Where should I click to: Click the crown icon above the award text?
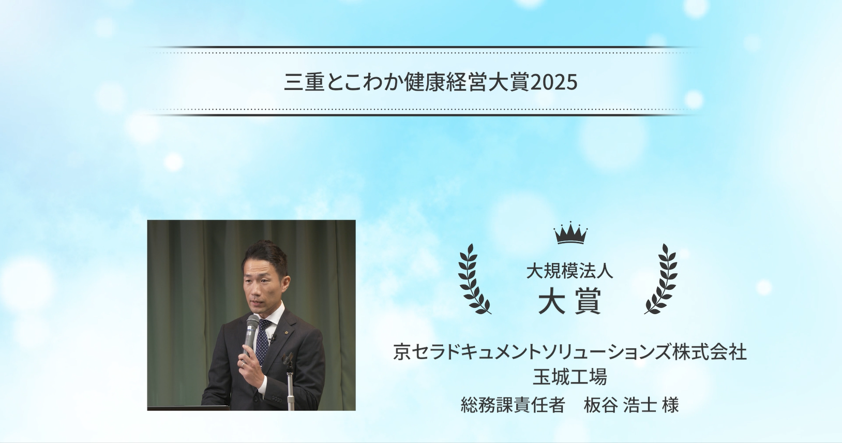[570, 233]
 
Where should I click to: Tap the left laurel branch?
[473, 280]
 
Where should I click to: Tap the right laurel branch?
[663, 280]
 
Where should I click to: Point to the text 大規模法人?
[569, 271]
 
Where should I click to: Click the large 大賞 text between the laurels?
[569, 301]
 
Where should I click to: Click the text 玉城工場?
[569, 377]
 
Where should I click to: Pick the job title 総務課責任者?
[513, 405]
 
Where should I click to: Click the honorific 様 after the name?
[670, 405]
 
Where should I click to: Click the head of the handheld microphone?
[252, 323]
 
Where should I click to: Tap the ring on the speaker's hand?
[243, 364]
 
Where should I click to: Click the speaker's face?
[265, 283]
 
